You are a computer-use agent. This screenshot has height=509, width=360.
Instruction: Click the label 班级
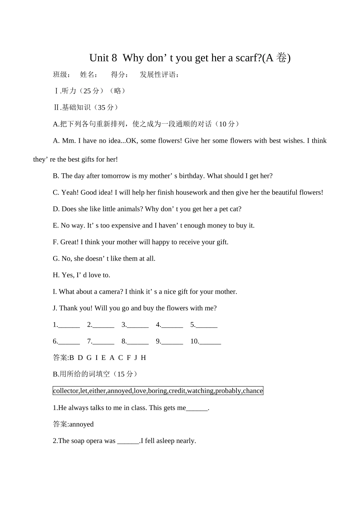60,74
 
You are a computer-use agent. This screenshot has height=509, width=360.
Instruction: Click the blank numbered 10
210,342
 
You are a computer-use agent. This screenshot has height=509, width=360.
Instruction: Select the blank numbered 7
103,342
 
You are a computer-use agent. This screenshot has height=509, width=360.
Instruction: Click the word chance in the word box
253,391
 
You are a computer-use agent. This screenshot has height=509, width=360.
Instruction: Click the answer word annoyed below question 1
81,424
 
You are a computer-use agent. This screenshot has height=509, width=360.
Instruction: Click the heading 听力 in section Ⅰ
69,91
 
